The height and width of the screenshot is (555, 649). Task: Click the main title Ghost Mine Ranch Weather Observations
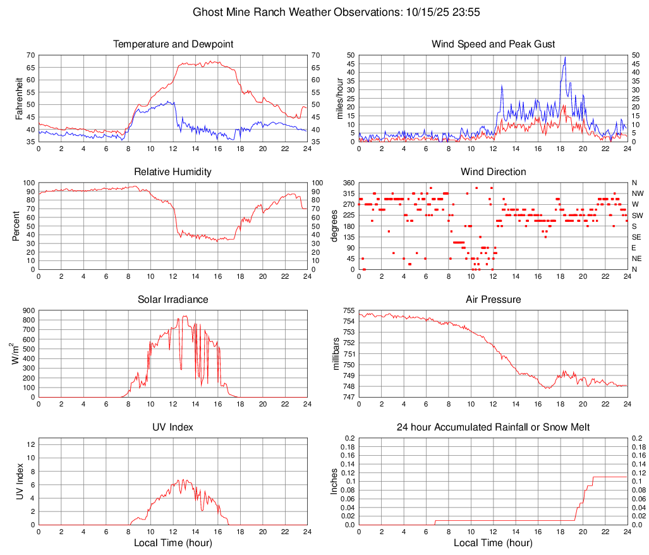pos(324,12)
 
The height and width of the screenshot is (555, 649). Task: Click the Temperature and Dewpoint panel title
pos(173,44)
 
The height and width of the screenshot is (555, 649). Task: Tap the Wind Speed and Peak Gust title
pos(493,44)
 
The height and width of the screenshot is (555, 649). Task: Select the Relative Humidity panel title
pos(173,172)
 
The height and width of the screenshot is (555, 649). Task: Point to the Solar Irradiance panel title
pos(173,300)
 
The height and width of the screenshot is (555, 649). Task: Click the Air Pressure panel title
pos(493,300)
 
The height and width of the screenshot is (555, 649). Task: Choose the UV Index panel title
pos(173,427)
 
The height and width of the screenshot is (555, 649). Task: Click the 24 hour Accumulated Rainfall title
pos(493,427)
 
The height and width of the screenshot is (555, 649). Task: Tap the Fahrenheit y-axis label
pos(20,98)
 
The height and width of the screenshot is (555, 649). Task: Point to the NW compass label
pos(637,193)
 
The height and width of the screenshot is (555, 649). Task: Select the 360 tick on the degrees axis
pos(348,183)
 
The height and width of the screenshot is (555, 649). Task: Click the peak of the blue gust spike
pos(565,58)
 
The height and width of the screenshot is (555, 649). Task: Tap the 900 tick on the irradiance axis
pos(28,310)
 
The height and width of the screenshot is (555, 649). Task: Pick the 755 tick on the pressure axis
pos(348,310)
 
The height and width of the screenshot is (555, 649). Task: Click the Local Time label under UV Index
pos(173,543)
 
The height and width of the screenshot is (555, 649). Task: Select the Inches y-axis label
pos(336,481)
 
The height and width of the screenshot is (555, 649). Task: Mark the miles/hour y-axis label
pos(339,98)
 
